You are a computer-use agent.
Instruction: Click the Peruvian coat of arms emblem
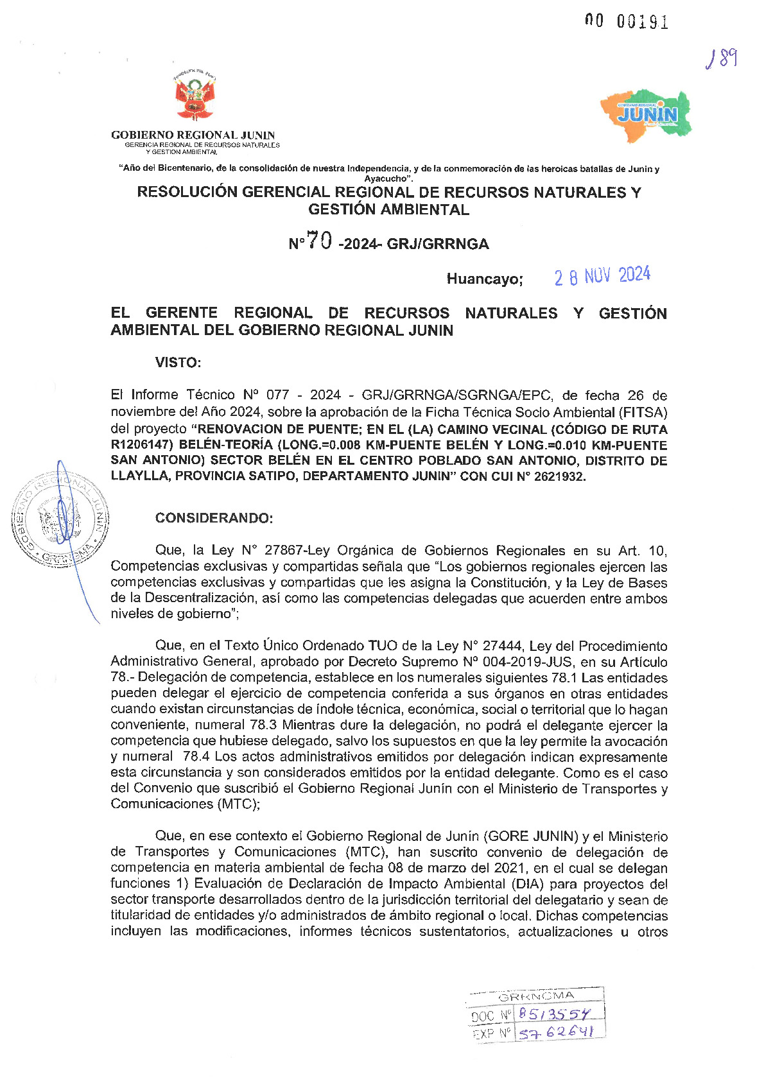193,97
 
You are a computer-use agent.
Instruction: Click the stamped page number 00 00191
626,21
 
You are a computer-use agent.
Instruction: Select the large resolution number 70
319,241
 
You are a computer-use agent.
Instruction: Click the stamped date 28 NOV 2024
602,276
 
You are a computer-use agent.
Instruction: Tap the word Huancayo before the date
485,279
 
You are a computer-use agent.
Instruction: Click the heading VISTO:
178,363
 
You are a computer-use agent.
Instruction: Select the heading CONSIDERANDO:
214,518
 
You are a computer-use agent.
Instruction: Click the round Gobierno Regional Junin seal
59,518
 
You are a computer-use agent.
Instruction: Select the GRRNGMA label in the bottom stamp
536,996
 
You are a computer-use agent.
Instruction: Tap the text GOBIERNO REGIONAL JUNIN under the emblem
193,135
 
